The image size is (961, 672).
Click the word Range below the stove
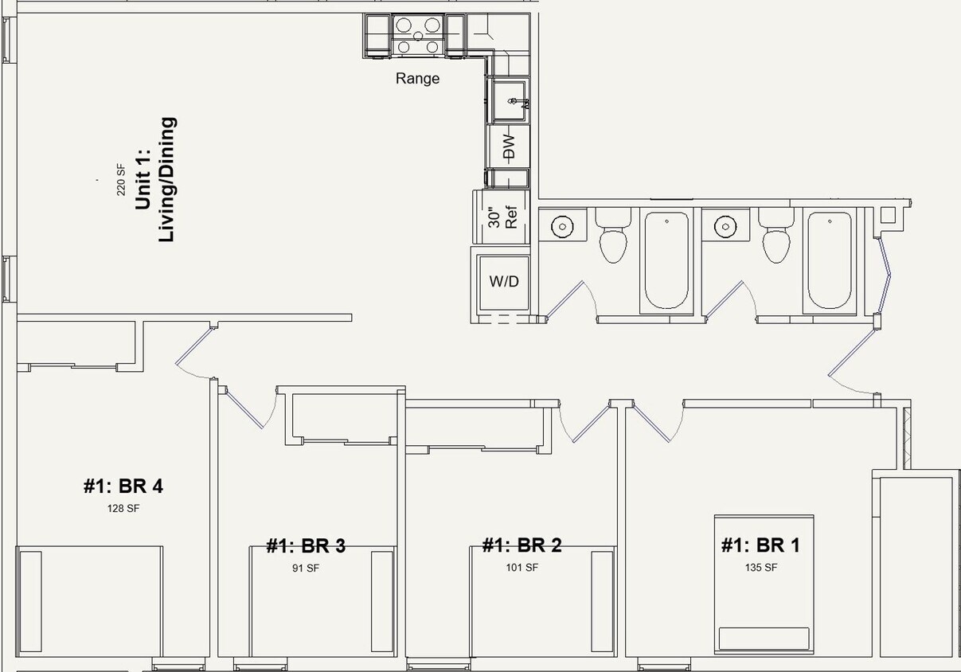[417, 78]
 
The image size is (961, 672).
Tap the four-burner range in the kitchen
[418, 36]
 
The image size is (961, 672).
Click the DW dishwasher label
[509, 147]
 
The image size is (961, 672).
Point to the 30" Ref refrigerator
[503, 217]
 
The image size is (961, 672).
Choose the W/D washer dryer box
[503, 281]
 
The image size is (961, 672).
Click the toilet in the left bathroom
[613, 237]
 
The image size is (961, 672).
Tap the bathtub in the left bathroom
[666, 260]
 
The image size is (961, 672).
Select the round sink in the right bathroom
[724, 227]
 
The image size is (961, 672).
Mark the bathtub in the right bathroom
[830, 260]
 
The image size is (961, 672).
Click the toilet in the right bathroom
[775, 237]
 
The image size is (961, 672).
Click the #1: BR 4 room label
[123, 486]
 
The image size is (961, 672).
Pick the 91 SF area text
[306, 568]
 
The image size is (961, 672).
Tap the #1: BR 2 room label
[522, 545]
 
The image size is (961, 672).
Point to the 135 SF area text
[760, 568]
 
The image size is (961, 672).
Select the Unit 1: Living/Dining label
[155, 180]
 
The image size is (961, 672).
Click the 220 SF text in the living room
[121, 179]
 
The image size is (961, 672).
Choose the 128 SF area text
[123, 508]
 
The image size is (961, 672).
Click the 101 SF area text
[522, 568]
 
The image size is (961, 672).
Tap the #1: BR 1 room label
[760, 545]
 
